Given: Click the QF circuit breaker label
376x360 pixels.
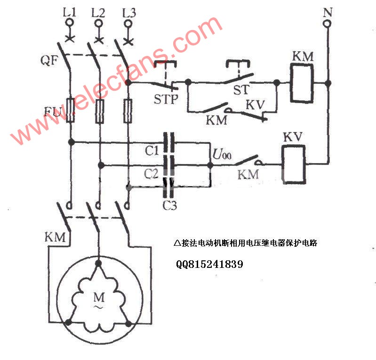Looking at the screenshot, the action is pos(49,60).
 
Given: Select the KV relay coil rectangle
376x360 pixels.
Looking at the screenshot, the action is pos(293,164).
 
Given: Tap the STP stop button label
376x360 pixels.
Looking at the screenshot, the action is pos(166,99).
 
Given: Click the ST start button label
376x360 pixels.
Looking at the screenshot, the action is pos(241,89).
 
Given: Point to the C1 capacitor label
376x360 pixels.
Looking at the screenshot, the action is pos(152,151).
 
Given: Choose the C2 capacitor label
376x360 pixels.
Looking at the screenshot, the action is pos(152,173).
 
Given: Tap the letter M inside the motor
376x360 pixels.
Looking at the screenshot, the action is pos(99,297).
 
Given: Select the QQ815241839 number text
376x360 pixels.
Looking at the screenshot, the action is pos(209,264).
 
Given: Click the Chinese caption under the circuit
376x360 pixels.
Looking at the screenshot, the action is pos(246,243).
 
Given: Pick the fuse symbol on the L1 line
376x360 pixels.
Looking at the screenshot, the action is pos(71,110).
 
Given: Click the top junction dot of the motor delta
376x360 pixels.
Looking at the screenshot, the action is pos(98,263).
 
